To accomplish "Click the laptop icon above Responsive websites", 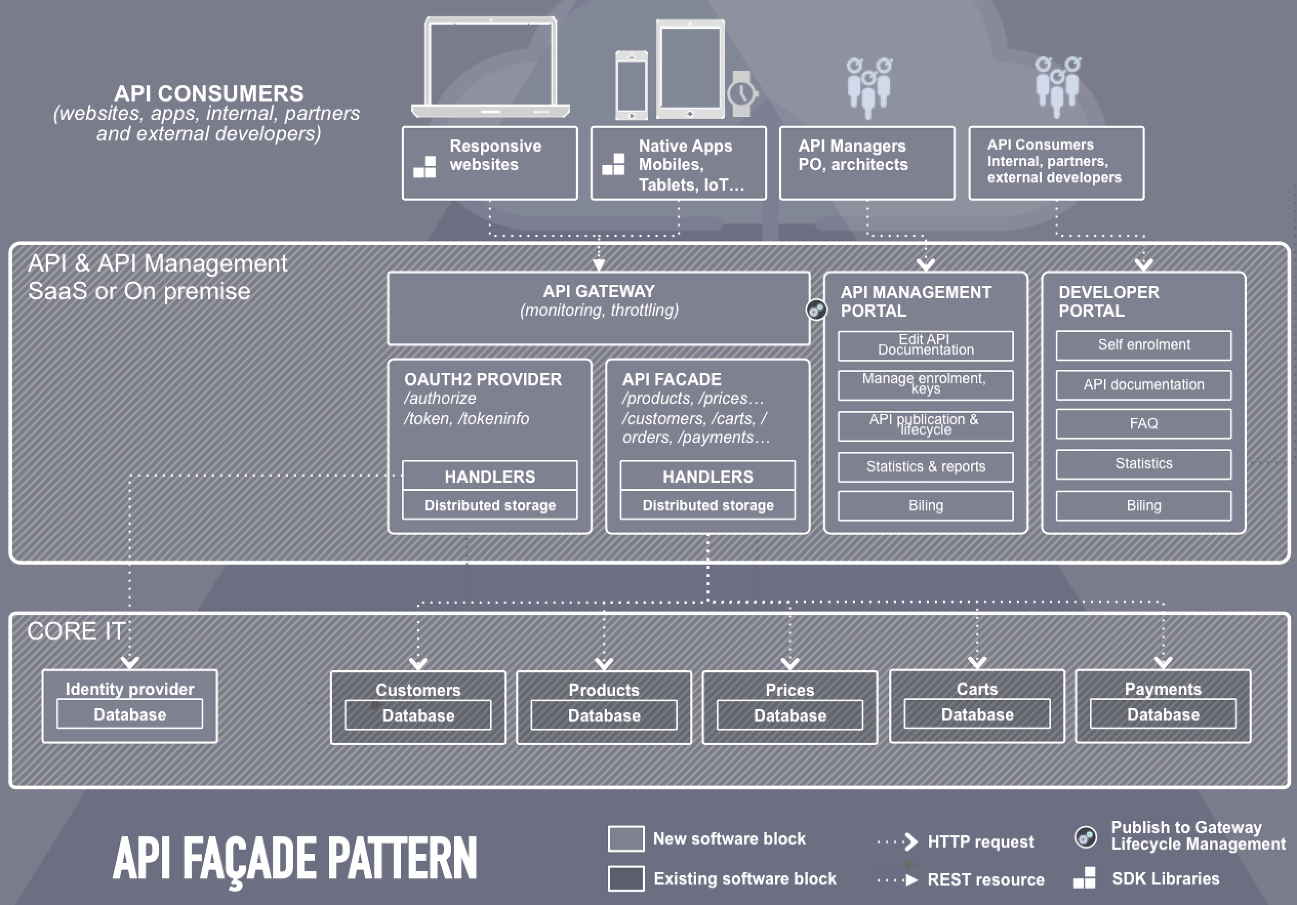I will [490, 67].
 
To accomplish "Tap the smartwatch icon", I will [741, 94].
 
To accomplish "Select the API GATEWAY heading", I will [599, 291].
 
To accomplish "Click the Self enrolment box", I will [1143, 345].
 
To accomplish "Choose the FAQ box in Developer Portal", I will [1143, 423].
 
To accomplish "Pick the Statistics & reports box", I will [925, 467].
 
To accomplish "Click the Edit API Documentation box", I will [925, 345].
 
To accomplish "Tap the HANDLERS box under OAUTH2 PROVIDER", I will [490, 477].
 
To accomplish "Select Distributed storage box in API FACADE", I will [707, 505].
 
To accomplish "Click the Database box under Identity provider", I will [129, 714].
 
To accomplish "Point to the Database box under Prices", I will [789, 715].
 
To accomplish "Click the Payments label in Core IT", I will [1163, 689].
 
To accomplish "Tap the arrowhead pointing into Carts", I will [977, 662].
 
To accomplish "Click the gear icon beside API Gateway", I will [816, 310].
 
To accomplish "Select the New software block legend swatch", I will [626, 838].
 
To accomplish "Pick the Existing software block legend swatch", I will [626, 878].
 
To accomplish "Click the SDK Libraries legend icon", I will [1085, 878].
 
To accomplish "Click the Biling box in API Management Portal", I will [925, 505].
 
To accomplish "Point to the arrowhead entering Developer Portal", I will [1143, 264].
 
